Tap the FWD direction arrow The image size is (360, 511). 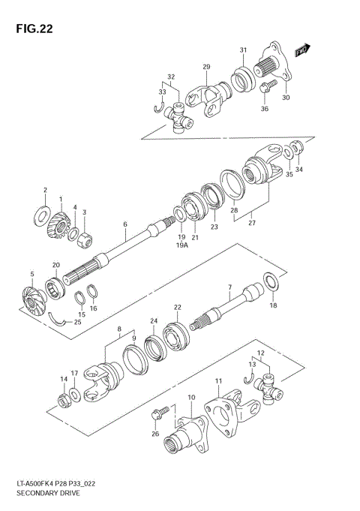point(302,50)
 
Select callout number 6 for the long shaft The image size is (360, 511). point(125,224)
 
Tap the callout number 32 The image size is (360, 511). point(171,77)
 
